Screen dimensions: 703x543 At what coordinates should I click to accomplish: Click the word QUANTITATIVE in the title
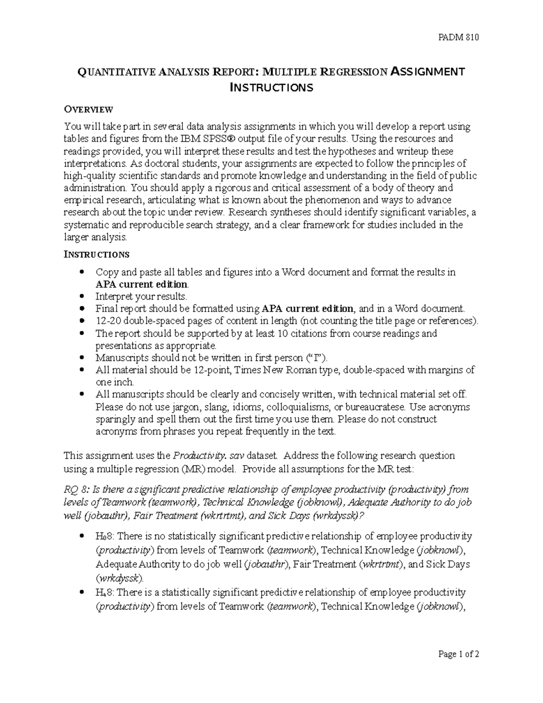coord(116,72)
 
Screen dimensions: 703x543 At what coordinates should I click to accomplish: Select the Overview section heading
coord(88,109)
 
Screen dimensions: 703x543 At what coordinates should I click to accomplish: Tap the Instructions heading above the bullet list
coord(96,254)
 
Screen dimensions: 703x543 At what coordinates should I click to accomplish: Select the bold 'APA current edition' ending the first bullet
coord(141,284)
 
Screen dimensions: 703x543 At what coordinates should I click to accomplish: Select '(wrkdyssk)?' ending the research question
coord(338,515)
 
